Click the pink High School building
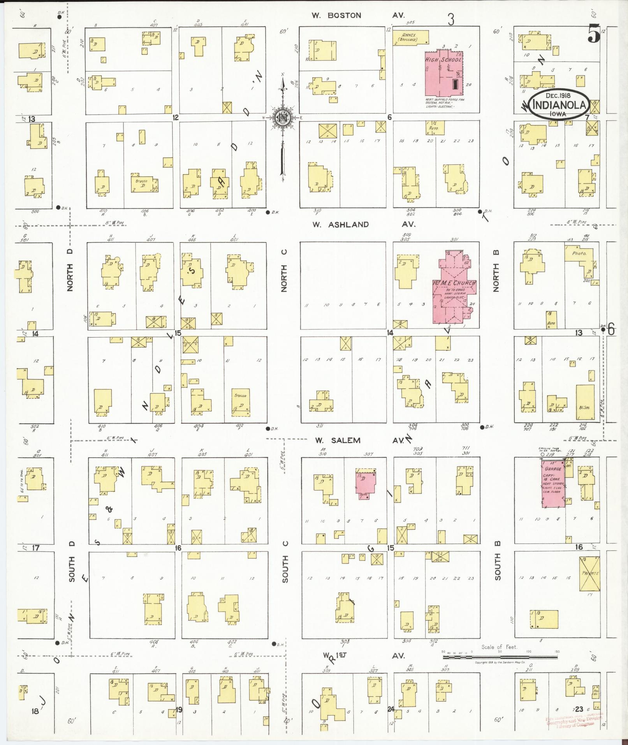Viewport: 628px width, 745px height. point(444,74)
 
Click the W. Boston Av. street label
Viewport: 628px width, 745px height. point(358,16)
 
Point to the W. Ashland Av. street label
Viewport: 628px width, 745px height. point(364,224)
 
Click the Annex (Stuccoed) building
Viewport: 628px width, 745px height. point(410,38)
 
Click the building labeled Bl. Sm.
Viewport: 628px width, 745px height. point(585,402)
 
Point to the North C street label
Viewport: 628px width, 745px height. point(284,271)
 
